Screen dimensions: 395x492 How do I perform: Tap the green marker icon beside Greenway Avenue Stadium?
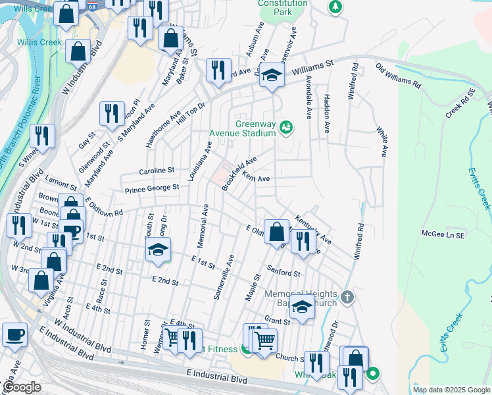[285, 126]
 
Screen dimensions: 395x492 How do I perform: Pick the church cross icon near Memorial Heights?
[348, 298]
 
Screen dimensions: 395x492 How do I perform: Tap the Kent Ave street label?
[256, 178]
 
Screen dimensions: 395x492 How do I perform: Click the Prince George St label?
[152, 188]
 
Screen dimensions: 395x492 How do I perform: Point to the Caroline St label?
[156, 171]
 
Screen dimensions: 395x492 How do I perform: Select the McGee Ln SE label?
[443, 234]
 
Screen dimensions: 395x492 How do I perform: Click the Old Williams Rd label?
[398, 76]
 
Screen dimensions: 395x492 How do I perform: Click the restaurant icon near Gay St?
[112, 113]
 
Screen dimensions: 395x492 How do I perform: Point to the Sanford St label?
[283, 271]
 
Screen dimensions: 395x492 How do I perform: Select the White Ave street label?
[381, 142]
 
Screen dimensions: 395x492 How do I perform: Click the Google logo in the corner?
[22, 387]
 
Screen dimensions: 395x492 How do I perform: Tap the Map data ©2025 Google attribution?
[451, 390]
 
